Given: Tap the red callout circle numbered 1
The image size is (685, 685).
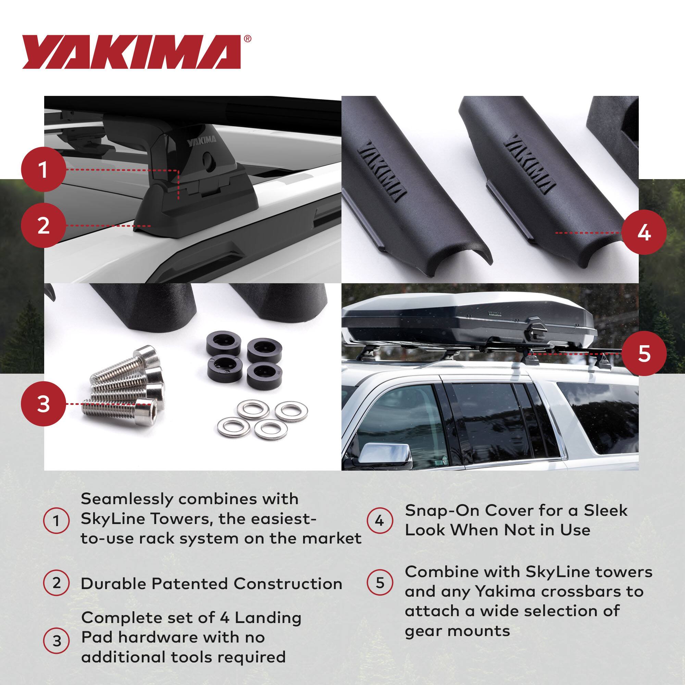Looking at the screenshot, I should pyautogui.click(x=43, y=170).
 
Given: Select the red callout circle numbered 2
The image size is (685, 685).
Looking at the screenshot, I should pyautogui.click(x=43, y=225).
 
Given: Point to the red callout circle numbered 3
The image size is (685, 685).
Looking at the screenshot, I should pyautogui.click(x=43, y=404).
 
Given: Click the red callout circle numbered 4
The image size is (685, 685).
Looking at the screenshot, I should pyautogui.click(x=644, y=233).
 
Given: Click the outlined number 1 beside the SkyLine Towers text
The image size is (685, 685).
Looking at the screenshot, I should pyautogui.click(x=56, y=521).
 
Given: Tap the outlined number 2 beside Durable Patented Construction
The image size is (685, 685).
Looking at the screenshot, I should pyautogui.click(x=56, y=583).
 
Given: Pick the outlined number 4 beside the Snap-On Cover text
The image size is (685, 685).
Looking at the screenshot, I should pyautogui.click(x=379, y=521).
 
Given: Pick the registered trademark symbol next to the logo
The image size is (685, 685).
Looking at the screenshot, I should pyautogui.click(x=248, y=39).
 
